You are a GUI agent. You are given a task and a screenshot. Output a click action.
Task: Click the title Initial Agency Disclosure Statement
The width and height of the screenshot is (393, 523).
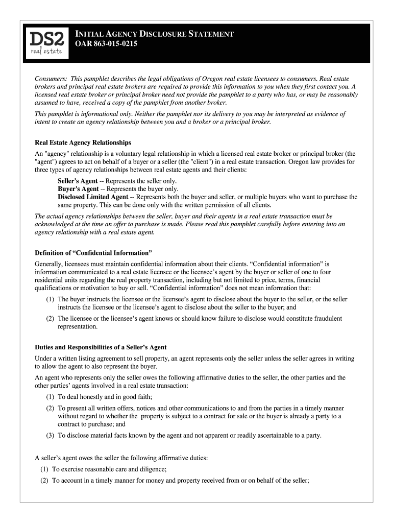coord(155,34)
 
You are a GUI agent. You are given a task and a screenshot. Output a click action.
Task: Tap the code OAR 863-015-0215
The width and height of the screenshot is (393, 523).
coord(107,44)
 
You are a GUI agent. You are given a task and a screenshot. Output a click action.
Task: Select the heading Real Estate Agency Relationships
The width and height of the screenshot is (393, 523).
coord(83,142)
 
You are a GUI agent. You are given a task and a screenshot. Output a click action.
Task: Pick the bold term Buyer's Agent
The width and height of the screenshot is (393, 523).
coord(78,189)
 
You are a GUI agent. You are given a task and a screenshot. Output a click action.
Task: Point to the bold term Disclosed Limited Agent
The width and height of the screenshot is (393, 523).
coord(93,197)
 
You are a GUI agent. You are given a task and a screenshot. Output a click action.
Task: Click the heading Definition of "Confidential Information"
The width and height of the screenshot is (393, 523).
coord(93,253)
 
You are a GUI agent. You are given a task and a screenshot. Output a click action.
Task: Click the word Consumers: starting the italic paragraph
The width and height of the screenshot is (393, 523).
coord(51,79)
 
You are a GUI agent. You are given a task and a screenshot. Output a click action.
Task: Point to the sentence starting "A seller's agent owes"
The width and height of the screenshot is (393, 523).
coord(121,458)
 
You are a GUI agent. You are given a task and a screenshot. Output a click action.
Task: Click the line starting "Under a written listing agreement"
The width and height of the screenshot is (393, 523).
coord(194,359)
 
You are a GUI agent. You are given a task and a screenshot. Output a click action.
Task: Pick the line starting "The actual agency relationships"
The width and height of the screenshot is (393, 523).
coord(183,216)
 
